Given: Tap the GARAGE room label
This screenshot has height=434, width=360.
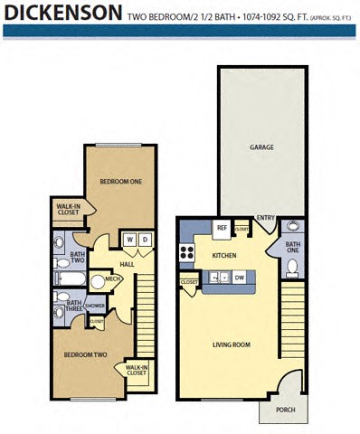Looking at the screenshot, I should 261,147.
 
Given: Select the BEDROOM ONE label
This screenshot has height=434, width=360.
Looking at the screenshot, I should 121,182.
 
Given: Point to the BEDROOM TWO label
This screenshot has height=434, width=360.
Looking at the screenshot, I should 86,354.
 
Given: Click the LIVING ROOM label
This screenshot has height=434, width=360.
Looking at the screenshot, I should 231,344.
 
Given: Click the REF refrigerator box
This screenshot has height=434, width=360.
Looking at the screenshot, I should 220,229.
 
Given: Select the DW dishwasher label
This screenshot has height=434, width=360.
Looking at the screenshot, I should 239,278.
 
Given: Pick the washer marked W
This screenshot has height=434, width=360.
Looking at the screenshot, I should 129,239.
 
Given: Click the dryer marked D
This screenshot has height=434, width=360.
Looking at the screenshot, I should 144,239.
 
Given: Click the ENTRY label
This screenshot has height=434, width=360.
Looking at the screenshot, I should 265,218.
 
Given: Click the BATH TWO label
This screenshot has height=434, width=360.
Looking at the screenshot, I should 78,258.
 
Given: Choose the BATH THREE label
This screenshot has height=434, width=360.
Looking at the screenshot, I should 73,307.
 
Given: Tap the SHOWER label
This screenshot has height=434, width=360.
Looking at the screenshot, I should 95,306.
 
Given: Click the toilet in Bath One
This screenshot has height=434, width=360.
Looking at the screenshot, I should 291,267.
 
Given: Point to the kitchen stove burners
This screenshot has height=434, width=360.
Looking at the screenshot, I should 187,254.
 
